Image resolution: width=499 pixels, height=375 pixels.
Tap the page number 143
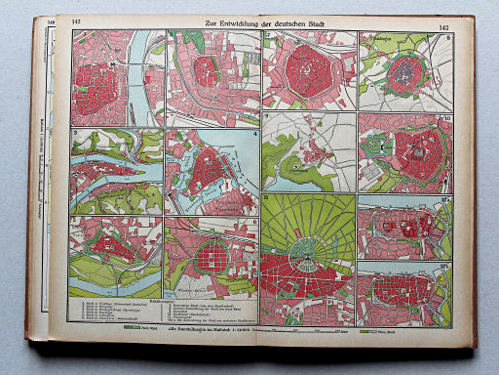tap(444, 28)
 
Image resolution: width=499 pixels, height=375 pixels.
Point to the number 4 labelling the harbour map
tap(255, 135)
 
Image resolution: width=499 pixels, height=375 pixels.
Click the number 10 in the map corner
tap(446, 119)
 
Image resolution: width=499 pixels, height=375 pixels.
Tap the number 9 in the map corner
tap(268, 117)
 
